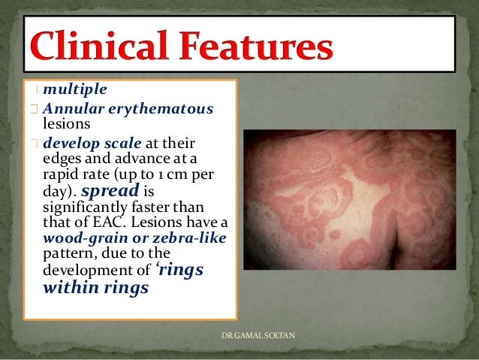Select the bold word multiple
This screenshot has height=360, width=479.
[x=75, y=89]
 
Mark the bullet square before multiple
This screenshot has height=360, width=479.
[x=35, y=90]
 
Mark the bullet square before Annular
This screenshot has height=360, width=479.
[x=35, y=109]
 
